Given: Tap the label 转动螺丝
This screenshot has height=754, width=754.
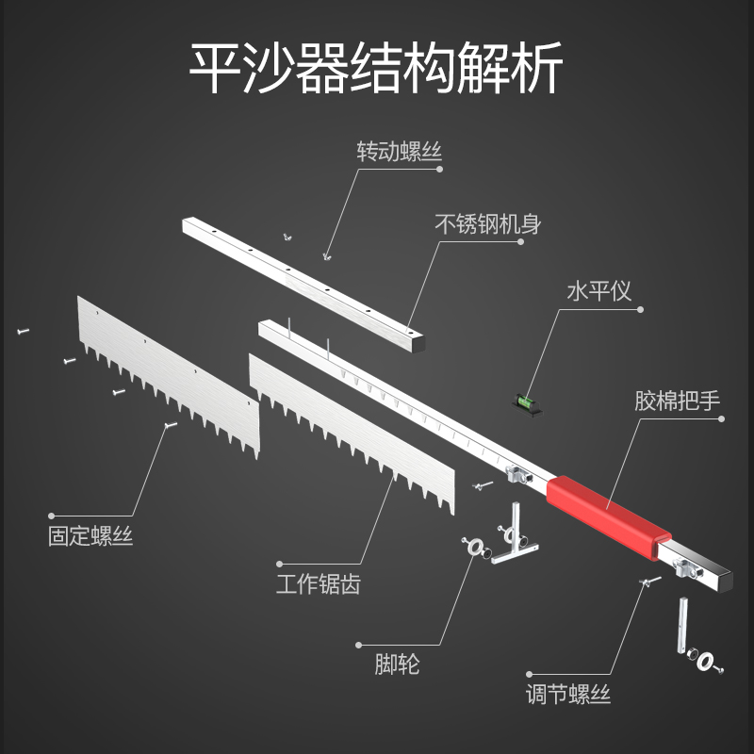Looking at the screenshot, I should (399, 151).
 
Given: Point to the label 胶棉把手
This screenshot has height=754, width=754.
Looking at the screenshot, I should (677, 399).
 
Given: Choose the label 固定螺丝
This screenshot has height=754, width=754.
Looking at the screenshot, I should (90, 537).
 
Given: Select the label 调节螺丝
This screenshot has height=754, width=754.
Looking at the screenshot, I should (568, 696).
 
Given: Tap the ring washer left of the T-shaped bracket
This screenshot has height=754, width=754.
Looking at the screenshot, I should (475, 547).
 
